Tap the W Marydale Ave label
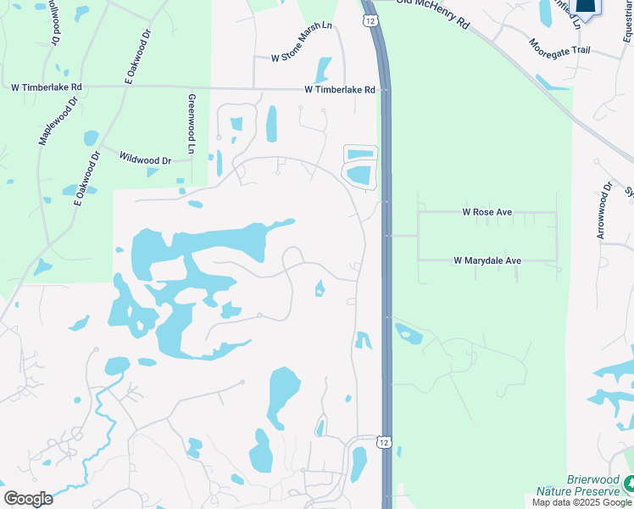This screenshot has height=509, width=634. point(487,260)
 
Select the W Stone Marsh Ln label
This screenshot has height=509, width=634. point(301,53)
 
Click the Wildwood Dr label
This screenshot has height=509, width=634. point(145,159)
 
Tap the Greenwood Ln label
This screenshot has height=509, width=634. point(192,123)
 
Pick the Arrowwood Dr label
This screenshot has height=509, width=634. point(603,210)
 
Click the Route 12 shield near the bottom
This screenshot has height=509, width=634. point(384,442)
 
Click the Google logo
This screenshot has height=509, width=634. point(28,498)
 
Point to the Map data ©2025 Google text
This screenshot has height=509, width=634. point(581,502)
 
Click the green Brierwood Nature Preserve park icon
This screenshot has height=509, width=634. point(629,484)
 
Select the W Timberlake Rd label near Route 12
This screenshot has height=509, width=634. point(340,89)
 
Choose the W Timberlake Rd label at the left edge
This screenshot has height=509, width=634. point(46,87)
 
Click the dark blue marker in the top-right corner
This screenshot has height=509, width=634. point(586,7)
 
